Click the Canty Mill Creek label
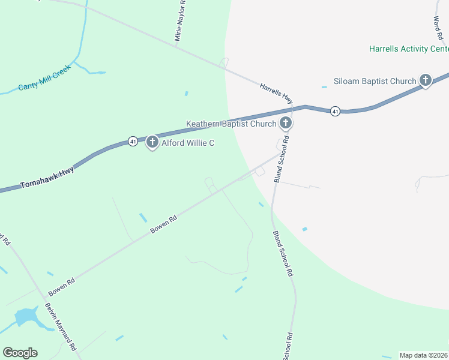tap(44, 78)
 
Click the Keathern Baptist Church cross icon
tap(286, 124)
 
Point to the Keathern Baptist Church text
tap(231, 124)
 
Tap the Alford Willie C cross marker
tap(152, 142)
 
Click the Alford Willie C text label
tap(187, 143)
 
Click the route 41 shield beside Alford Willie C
tap(133, 142)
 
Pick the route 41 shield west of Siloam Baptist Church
tap(335, 111)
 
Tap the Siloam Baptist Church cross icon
tap(426, 80)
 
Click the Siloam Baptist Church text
tap(375, 82)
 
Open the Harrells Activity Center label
tap(408, 49)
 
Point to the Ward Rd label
tap(437, 24)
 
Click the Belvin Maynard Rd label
tap(61, 326)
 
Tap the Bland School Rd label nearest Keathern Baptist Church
tap(281, 159)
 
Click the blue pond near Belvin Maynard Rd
tap(26, 317)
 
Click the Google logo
tap(20, 353)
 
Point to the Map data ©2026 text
tap(424, 355)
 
